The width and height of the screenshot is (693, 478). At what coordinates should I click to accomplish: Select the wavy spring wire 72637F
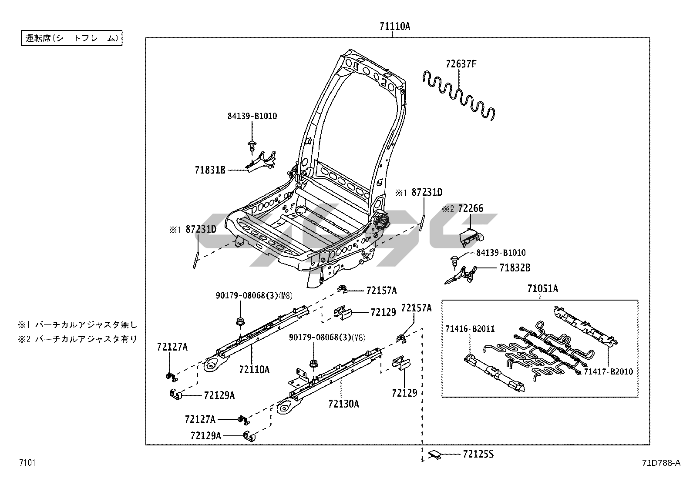[460, 95]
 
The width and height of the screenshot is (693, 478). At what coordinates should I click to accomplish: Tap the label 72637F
[461, 64]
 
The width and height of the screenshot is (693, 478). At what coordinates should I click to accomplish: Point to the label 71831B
[210, 170]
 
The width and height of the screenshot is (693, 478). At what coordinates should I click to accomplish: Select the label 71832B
[515, 268]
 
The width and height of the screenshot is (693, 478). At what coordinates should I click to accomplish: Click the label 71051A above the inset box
[542, 289]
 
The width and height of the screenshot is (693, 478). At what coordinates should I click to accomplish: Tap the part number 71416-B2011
[470, 329]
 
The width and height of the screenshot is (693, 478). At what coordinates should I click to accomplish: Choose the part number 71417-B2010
[608, 372]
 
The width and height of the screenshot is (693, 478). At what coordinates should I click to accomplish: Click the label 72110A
[254, 370]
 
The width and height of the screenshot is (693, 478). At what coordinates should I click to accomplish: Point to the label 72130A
[344, 404]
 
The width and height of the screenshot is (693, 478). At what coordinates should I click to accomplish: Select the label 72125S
[478, 455]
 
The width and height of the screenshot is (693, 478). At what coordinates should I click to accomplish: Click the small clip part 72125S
[435, 455]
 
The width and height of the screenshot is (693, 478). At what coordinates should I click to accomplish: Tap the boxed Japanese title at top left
[72, 38]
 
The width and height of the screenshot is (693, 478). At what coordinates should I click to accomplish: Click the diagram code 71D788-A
[660, 463]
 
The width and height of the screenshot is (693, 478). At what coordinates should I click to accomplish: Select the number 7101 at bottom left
[27, 462]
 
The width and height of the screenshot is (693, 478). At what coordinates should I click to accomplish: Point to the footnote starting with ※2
[77, 339]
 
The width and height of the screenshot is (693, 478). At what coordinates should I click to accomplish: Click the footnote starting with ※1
[77, 324]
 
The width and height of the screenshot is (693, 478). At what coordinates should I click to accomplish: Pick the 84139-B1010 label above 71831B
[252, 116]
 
